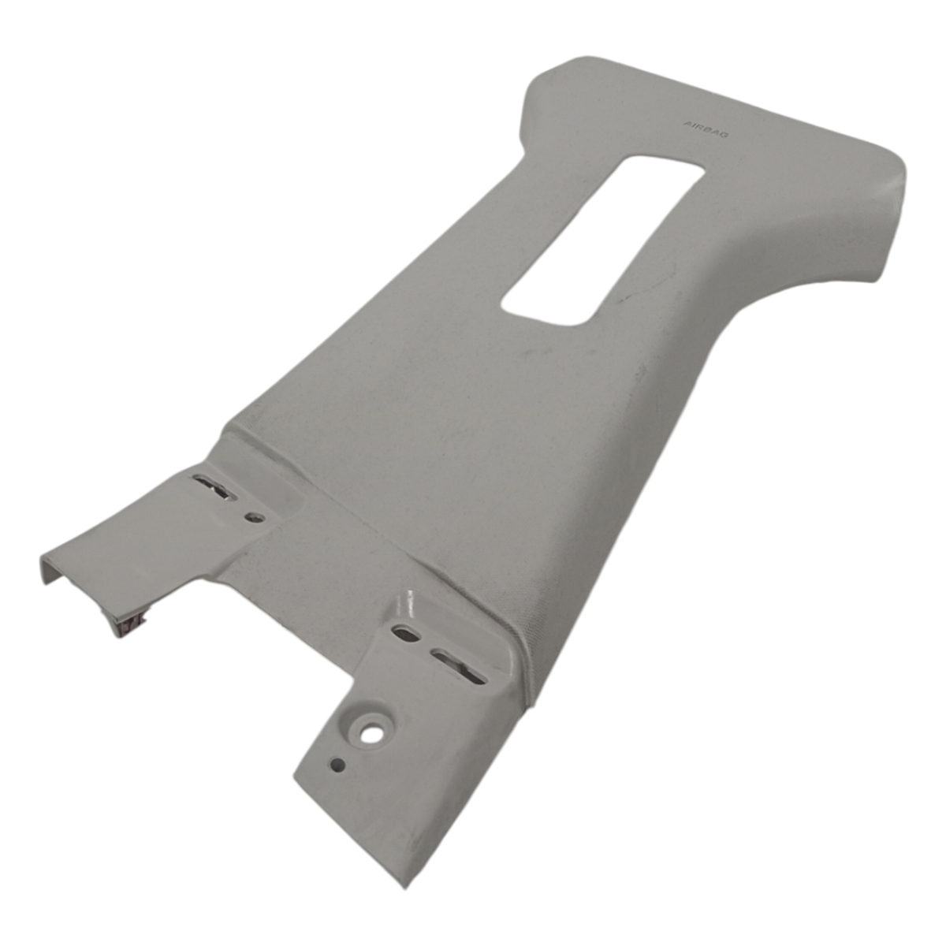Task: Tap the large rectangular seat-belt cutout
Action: (x=603, y=240)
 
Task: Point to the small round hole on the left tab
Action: (x=255, y=517)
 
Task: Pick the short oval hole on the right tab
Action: (x=406, y=633)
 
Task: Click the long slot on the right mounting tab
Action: (x=458, y=666)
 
